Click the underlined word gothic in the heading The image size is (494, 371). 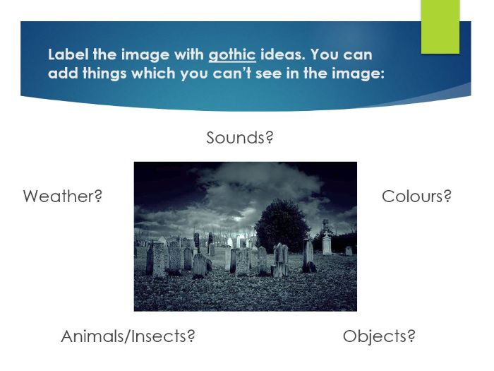(231, 54)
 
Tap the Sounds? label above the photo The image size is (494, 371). (239, 138)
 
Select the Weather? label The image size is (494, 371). (63, 196)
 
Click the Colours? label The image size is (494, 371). (416, 196)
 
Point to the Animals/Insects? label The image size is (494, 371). (128, 336)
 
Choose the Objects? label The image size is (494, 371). (379, 336)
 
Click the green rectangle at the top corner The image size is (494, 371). (440, 26)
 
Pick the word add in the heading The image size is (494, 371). (61, 73)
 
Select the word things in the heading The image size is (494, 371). (100, 73)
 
